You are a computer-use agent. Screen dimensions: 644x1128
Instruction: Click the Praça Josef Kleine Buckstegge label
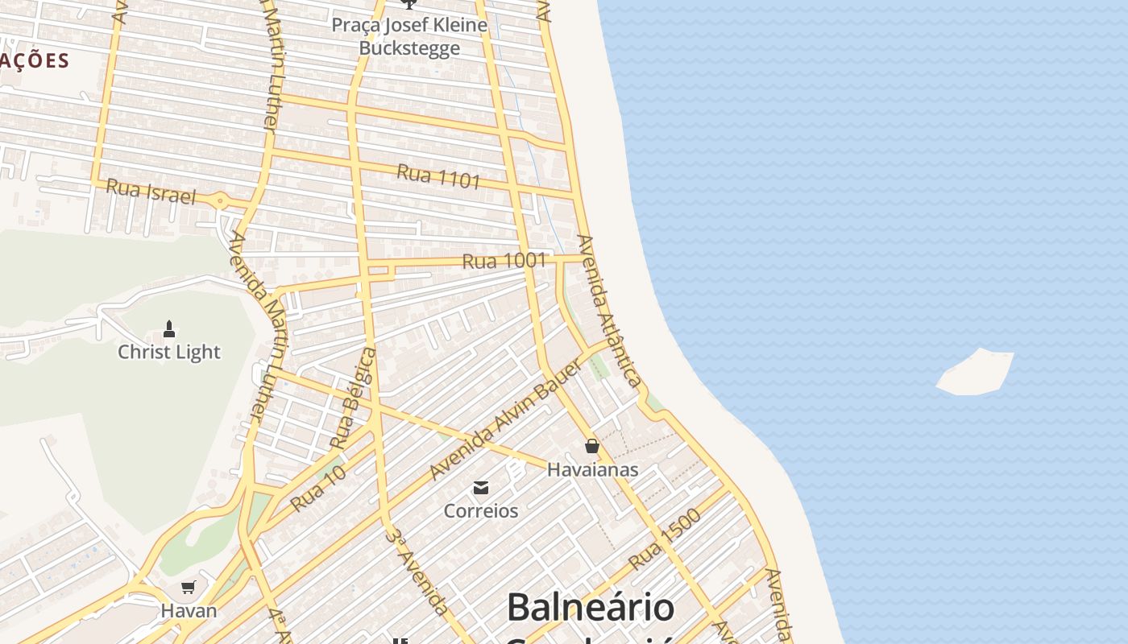tap(409, 36)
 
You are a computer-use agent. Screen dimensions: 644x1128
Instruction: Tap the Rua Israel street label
tap(151, 192)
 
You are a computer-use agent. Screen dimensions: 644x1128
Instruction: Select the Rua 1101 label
tap(438, 176)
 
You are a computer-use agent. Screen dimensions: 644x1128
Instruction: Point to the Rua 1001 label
tap(504, 261)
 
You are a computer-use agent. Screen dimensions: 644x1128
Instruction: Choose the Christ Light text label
tap(169, 352)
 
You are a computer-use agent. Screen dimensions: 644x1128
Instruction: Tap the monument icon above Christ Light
tap(169, 328)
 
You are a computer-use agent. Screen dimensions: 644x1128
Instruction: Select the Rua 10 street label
tap(318, 489)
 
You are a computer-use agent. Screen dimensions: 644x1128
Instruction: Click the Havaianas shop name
tap(593, 469)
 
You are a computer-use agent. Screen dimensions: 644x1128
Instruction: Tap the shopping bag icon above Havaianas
tap(592, 446)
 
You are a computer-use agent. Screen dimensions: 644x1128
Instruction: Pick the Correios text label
tap(481, 510)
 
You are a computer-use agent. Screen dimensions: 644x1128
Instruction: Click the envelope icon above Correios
tap(481, 488)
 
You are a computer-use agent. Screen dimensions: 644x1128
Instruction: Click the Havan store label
tap(189, 610)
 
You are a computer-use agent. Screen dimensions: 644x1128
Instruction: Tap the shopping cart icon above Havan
tap(189, 587)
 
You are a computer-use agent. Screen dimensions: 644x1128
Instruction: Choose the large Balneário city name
tap(591, 607)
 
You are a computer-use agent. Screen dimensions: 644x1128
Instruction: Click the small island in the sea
tap(975, 373)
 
